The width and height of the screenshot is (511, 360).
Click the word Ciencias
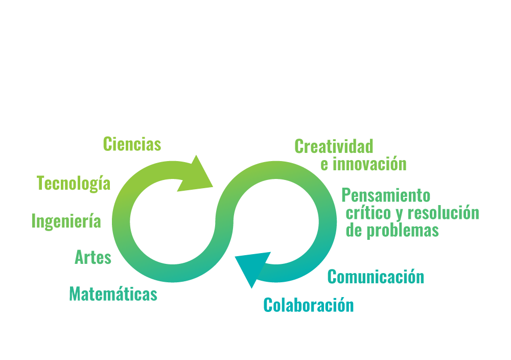(132, 144)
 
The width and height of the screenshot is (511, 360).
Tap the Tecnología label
(74, 183)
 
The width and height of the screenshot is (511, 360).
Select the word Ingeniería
(66, 221)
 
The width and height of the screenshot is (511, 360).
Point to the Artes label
(93, 257)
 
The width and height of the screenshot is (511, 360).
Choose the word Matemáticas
(113, 294)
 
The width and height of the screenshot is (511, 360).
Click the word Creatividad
(334, 146)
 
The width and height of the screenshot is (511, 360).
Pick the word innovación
(369, 164)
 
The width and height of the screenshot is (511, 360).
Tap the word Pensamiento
(386, 195)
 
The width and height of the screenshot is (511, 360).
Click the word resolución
(444, 213)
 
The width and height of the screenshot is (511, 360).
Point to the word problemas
(403, 231)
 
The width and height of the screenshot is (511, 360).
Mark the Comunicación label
(376, 277)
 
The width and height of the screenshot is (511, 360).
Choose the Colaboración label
(309, 305)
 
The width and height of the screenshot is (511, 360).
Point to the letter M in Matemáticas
(76, 294)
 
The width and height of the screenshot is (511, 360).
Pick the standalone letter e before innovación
(324, 165)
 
